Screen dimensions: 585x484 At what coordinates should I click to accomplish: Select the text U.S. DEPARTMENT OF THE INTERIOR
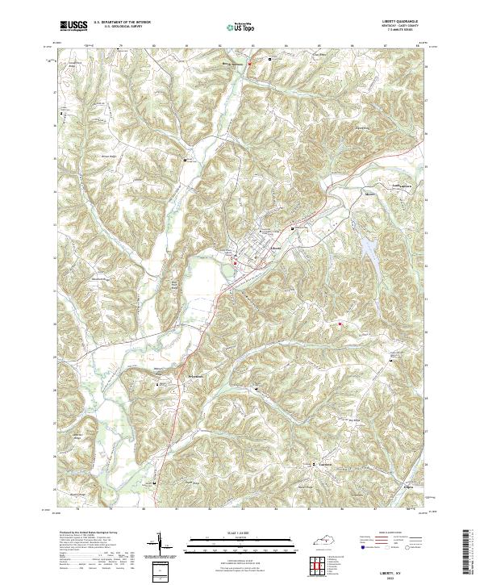pyautogui.click(x=122, y=23)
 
